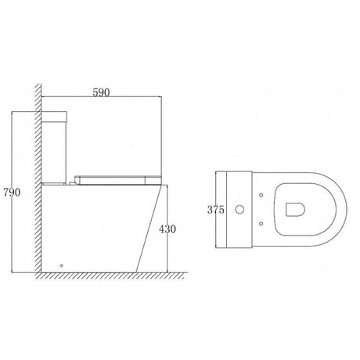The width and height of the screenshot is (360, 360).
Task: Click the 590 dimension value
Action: click(103, 92)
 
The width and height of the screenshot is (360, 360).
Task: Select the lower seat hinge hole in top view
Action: click(260, 228)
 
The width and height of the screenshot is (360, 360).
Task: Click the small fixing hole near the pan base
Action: click(62, 265)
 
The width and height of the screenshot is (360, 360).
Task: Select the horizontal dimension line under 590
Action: click(102, 98)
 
